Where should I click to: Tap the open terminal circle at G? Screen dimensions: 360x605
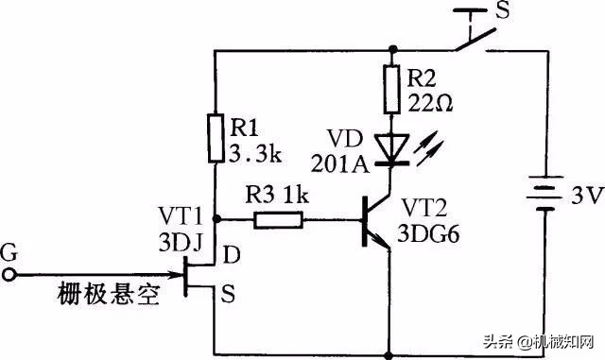click(10, 274)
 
